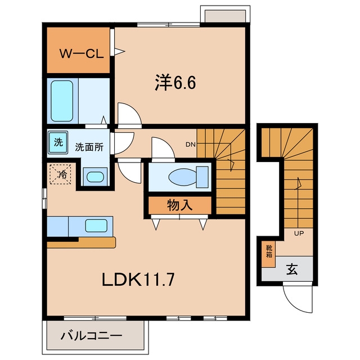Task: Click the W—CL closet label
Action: [82, 54]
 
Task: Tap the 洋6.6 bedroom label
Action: [175, 83]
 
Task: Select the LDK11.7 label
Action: [138, 280]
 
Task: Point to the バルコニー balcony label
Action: [91, 336]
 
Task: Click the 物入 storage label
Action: [180, 205]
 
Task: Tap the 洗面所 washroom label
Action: [89, 147]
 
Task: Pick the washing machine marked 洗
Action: [58, 142]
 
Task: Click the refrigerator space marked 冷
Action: [60, 174]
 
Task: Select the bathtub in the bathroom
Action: [62, 101]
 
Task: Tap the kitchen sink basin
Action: [96, 226]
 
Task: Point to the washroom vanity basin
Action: [95, 177]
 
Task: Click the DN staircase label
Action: [190, 145]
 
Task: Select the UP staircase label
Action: [299, 233]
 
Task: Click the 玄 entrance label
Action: [292, 269]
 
